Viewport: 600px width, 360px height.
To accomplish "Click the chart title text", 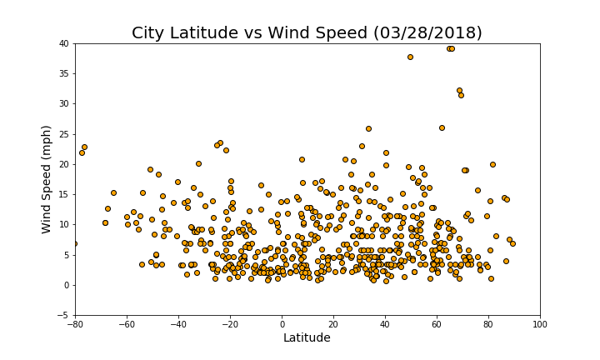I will tap(307, 33).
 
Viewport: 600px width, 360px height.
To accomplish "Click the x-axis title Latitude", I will tap(307, 337).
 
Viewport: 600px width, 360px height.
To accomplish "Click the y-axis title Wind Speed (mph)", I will tap(47, 179).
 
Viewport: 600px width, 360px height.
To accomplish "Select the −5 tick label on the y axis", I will tap(62, 315).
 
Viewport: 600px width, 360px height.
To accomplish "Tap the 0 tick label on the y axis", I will tap(66, 285).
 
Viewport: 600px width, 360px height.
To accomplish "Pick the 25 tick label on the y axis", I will tap(63, 134).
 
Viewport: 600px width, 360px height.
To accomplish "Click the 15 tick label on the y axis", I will tap(63, 194).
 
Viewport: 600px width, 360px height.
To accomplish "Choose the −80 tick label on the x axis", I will tap(75, 322).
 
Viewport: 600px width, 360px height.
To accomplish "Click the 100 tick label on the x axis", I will tap(540, 322).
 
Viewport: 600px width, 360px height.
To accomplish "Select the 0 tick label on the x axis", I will tap(282, 322).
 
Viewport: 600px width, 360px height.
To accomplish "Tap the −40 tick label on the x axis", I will tap(178, 322).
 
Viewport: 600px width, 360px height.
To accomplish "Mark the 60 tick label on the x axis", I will tap(437, 322).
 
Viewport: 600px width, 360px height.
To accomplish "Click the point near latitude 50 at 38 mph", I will tap(410, 57).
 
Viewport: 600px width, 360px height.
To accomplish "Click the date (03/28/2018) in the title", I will tap(423, 33).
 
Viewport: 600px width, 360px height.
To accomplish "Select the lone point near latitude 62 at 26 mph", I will tap(442, 127).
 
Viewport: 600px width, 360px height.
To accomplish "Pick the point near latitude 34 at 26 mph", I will tap(368, 128).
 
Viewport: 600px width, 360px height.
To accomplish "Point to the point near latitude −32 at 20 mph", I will tap(198, 163).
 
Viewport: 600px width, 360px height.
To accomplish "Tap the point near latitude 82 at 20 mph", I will tap(492, 164).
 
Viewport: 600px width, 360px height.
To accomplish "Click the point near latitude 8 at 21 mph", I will tap(302, 159).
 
